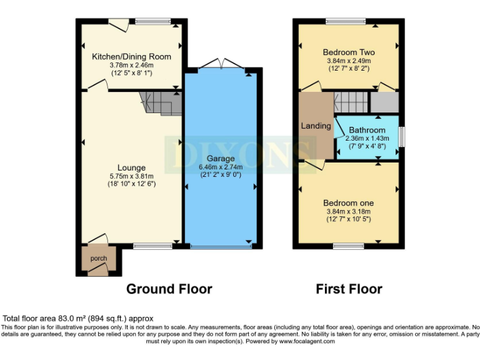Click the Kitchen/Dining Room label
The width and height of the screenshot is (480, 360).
click(131, 57)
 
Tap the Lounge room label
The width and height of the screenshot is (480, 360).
click(131, 167)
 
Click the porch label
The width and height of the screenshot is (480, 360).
click(99, 259)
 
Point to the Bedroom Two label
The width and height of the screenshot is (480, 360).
click(349, 52)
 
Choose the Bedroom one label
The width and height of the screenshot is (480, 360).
click(349, 203)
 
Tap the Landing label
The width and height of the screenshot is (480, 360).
click(316, 126)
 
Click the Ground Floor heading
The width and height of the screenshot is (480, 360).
click(169, 289)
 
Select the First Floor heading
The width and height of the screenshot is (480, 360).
click(349, 289)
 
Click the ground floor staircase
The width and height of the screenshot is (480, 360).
click(160, 102)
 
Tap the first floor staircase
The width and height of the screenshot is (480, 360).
click(351, 102)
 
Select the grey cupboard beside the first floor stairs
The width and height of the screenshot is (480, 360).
click(384, 102)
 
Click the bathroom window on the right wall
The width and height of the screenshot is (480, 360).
click(401, 135)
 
